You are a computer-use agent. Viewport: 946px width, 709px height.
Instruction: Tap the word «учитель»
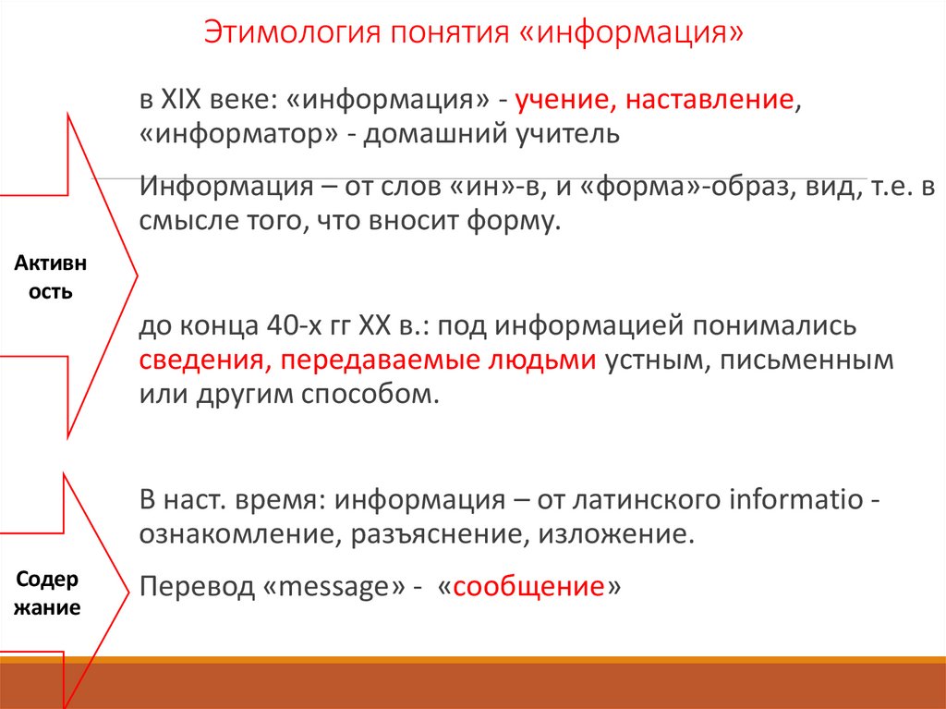pyautogui.click(x=566, y=135)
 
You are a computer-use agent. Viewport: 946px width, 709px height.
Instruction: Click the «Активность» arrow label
pyautogui.click(x=51, y=277)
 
